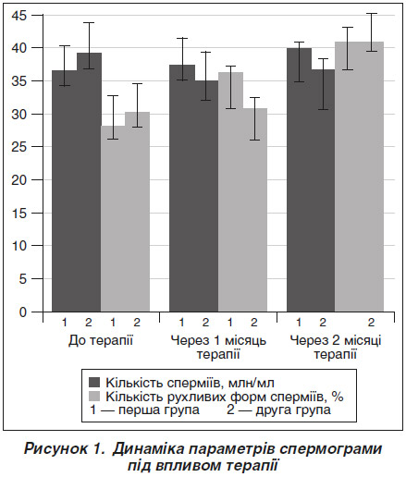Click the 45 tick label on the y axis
tap(18, 15)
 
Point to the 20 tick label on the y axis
tap(18, 180)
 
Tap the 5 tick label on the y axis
tap(23, 279)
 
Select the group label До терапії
tap(101, 341)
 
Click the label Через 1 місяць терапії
tap(218, 348)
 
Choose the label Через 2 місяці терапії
tap(336, 348)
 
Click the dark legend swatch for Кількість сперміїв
tap(94, 383)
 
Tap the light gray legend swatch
tap(94, 397)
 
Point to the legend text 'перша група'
tap(159, 410)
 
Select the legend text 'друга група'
tap(293, 410)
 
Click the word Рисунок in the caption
tap(55, 448)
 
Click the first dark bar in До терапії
tap(64, 191)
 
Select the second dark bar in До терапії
tap(89, 182)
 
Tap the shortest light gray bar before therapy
tap(113, 219)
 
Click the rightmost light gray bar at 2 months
tap(372, 177)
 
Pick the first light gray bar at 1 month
tap(230, 191)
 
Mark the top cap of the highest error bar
tap(372, 14)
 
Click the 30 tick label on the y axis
tap(18, 114)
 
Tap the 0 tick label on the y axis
tap(23, 312)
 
